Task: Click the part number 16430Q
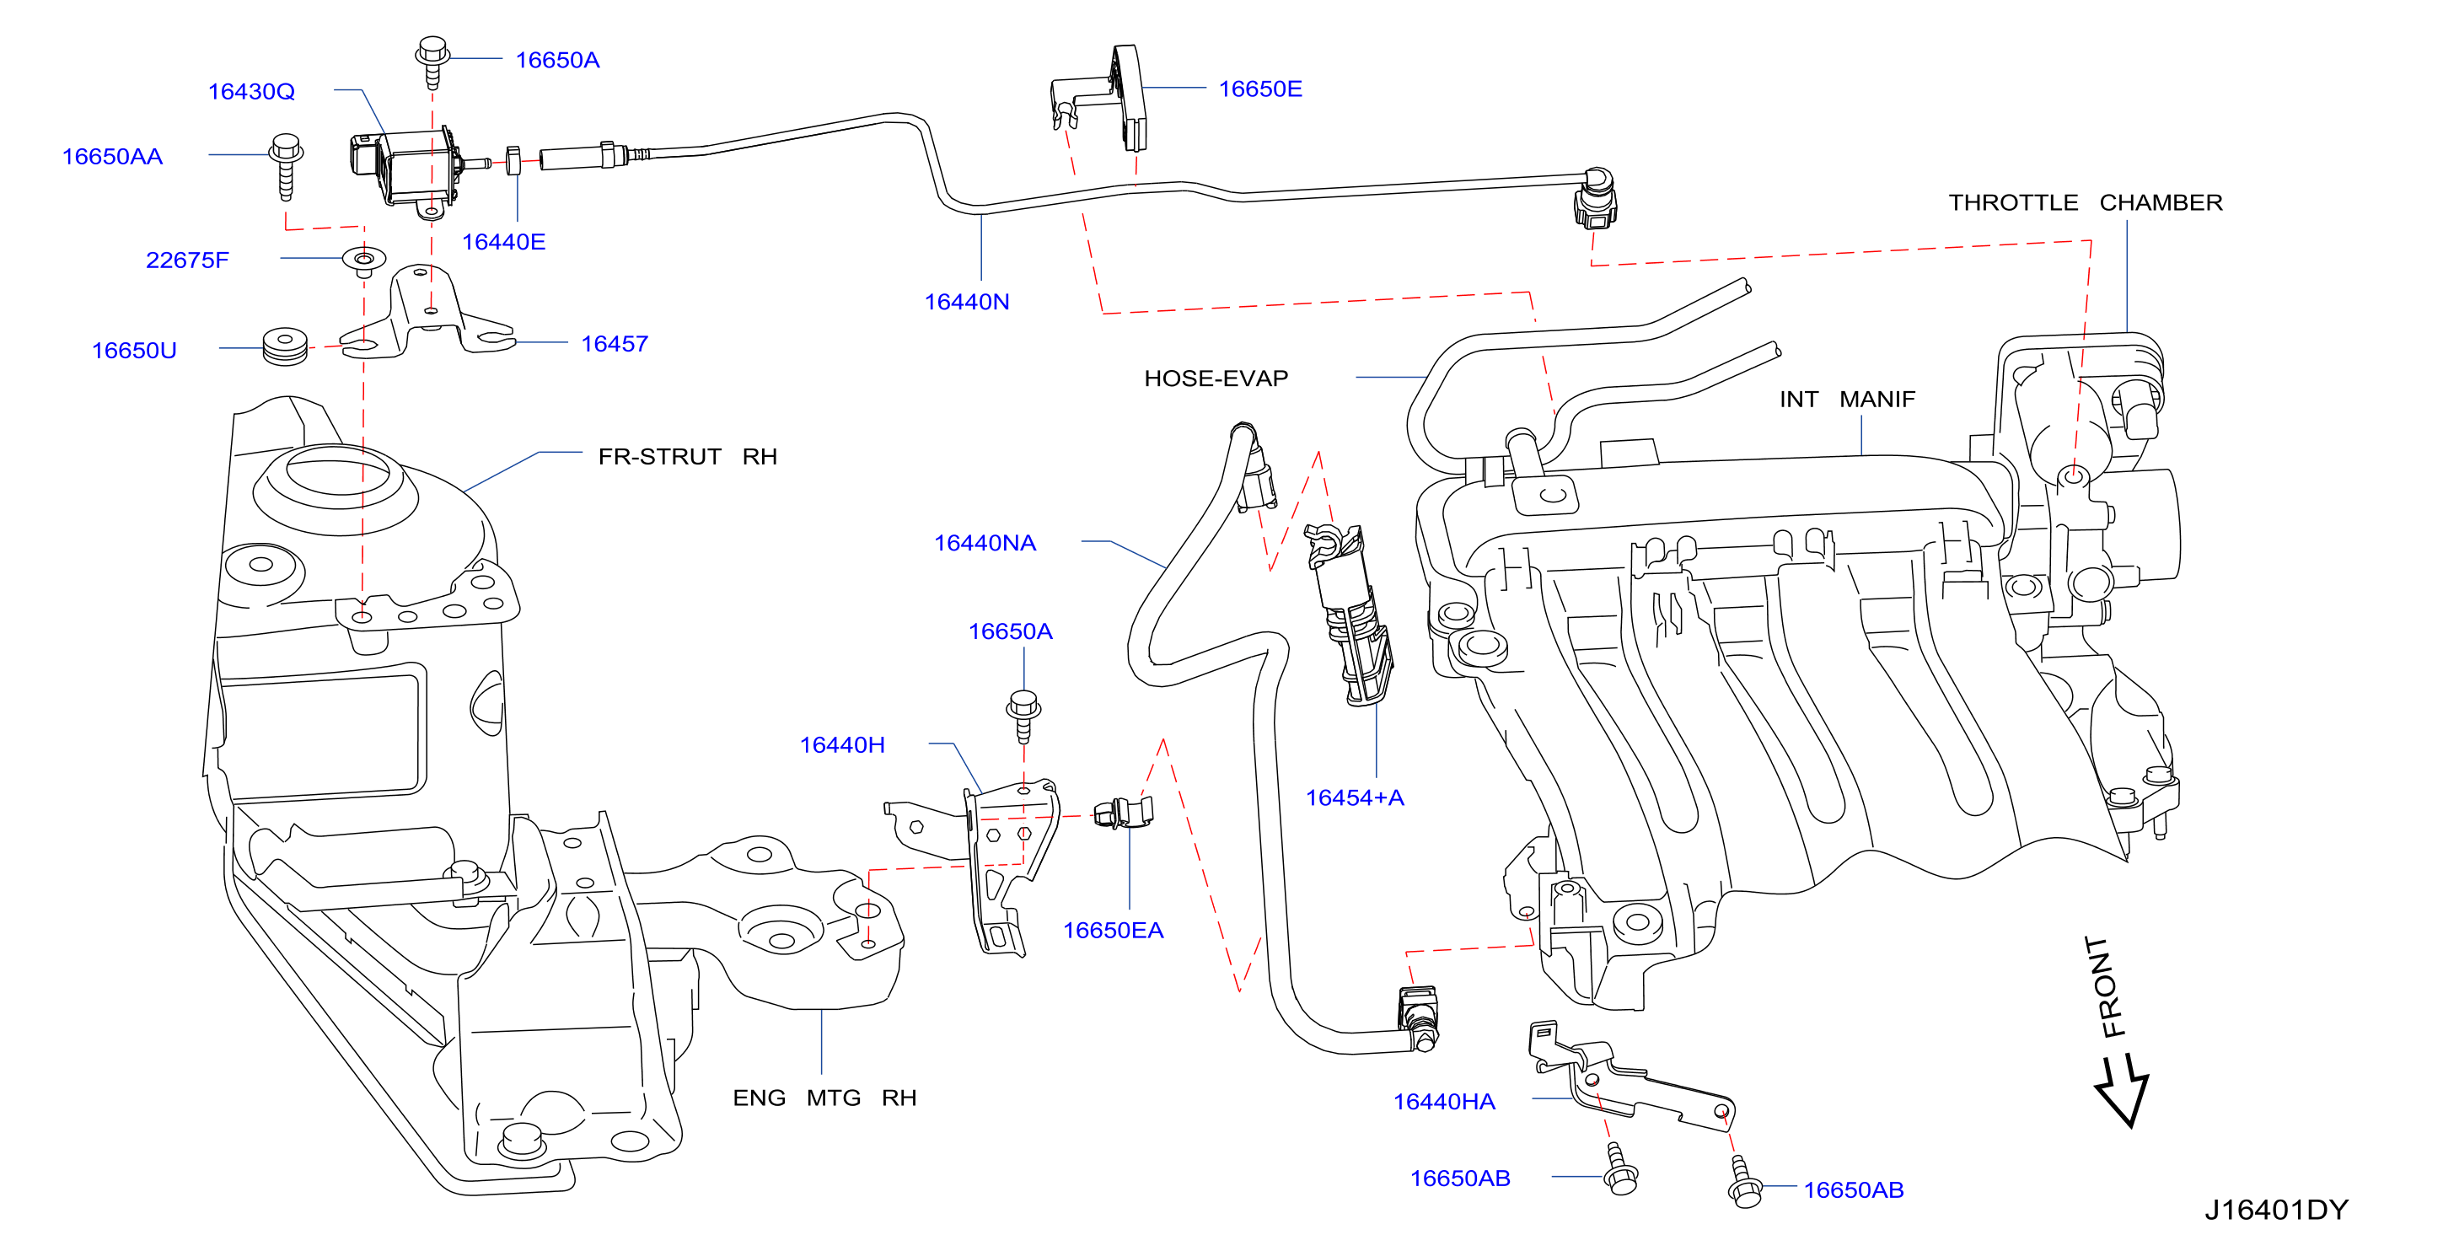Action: pos(251,92)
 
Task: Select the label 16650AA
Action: pos(112,157)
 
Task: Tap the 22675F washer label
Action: pos(187,260)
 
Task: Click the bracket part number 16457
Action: pos(615,343)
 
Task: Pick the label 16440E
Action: pos(503,242)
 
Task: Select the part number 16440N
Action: pos(966,302)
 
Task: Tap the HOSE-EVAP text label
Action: pos(1216,379)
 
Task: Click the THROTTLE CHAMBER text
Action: pos(2086,202)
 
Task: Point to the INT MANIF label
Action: pos(1846,400)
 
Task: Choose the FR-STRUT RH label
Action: pos(688,456)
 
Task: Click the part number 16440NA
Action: pos(985,543)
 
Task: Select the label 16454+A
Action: pos(1354,797)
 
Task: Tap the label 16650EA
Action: pos(1113,930)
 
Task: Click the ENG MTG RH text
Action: pos(824,1098)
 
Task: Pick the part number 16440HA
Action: pos(1443,1101)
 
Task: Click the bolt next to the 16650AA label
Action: pos(286,166)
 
